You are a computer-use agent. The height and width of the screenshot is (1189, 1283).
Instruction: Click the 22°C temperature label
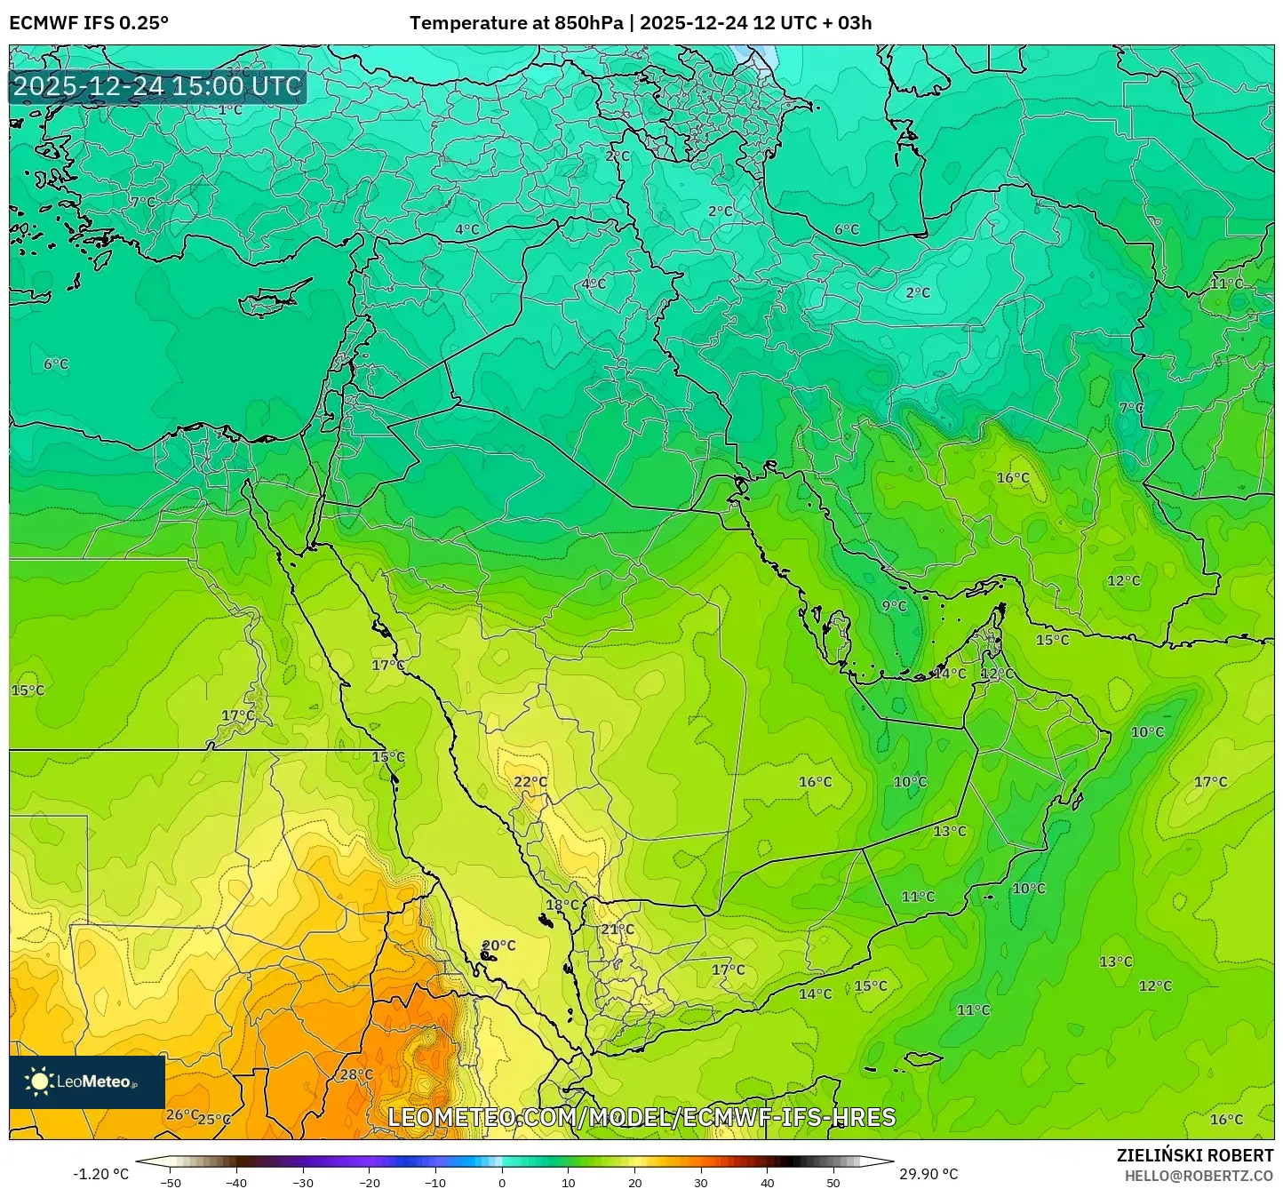click(x=530, y=782)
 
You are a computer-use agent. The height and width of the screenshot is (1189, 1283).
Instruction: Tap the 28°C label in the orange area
click(x=356, y=1074)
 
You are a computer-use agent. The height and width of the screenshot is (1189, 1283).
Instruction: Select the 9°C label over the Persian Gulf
click(x=894, y=606)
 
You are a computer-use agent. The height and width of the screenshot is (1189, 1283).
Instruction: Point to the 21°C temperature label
click(x=618, y=930)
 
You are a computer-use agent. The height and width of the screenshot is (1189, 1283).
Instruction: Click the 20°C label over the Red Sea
click(x=498, y=946)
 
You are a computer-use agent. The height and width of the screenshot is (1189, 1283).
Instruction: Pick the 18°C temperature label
click(x=562, y=906)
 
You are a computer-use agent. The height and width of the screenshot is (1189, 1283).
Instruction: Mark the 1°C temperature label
click(x=230, y=110)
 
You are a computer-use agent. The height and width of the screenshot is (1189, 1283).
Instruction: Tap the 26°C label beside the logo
click(x=182, y=1114)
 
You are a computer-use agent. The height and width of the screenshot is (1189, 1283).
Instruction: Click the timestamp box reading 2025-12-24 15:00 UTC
click(x=157, y=86)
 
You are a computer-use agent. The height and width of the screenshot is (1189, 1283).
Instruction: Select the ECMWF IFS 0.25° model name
click(x=89, y=23)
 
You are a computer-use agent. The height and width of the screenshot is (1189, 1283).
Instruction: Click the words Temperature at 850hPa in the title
click(x=515, y=23)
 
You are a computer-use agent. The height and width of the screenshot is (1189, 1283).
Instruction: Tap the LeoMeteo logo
click(x=87, y=1081)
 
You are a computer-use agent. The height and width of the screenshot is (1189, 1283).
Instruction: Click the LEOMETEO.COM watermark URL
click(x=641, y=1117)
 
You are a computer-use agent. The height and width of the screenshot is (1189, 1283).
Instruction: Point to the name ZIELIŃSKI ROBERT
click(x=1194, y=1155)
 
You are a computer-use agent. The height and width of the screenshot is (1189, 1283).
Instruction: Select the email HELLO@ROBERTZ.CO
click(x=1199, y=1176)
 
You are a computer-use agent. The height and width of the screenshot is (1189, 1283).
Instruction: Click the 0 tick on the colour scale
click(x=502, y=1182)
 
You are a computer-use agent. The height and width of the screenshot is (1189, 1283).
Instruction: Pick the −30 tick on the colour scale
click(x=303, y=1182)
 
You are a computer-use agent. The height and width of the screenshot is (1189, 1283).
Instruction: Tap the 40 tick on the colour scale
click(x=768, y=1182)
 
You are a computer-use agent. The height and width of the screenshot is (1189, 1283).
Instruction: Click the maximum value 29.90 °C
click(x=928, y=1174)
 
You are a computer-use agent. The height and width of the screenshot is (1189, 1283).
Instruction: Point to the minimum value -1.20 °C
click(x=100, y=1174)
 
